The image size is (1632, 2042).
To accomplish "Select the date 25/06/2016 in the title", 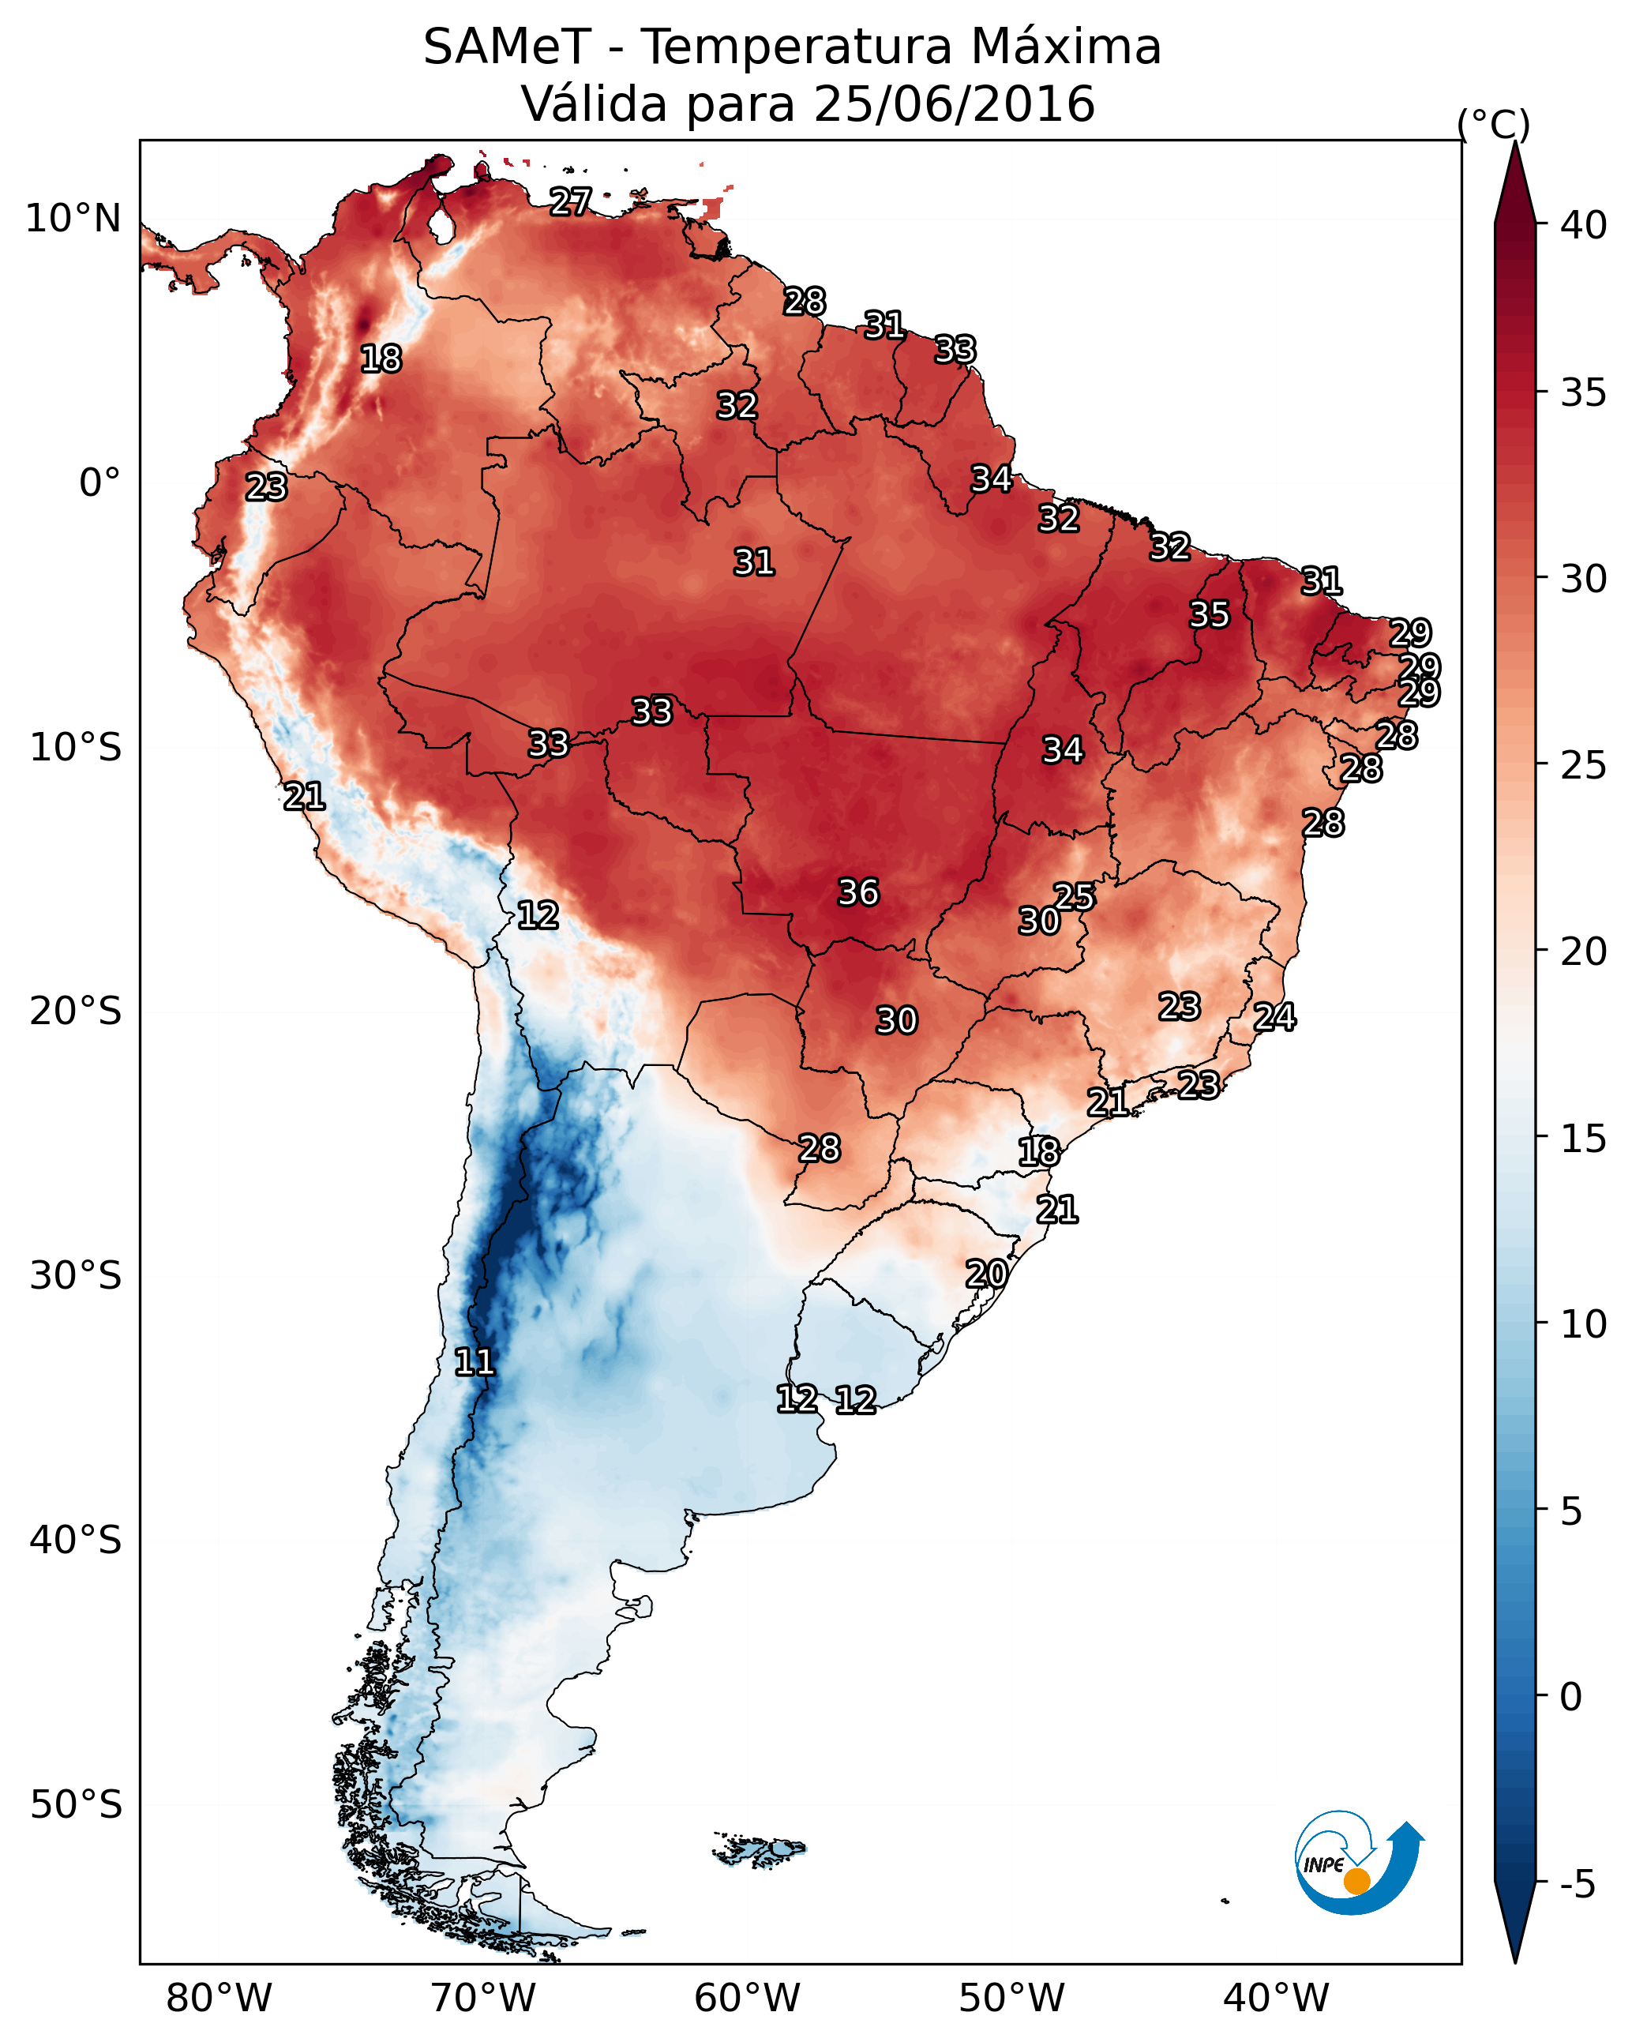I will [954, 104].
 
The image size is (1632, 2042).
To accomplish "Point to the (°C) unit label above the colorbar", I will [1493, 124].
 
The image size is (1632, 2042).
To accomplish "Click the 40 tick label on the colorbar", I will [1584, 225].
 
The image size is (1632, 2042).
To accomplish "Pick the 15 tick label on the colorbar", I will [1584, 1139].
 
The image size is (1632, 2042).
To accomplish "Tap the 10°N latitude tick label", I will [73, 219].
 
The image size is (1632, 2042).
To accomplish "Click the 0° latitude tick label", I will [99, 483].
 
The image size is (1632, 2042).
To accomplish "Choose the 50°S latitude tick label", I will [76, 1805].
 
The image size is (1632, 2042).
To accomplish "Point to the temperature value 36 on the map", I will [858, 892].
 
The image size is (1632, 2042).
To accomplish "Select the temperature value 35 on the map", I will [1210, 614].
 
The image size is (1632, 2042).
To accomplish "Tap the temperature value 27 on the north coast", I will [570, 201].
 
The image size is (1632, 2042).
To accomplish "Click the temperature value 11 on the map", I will [475, 1362].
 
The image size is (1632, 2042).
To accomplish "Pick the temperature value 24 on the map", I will [1274, 1017].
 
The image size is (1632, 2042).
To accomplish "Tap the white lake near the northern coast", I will [441, 225].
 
